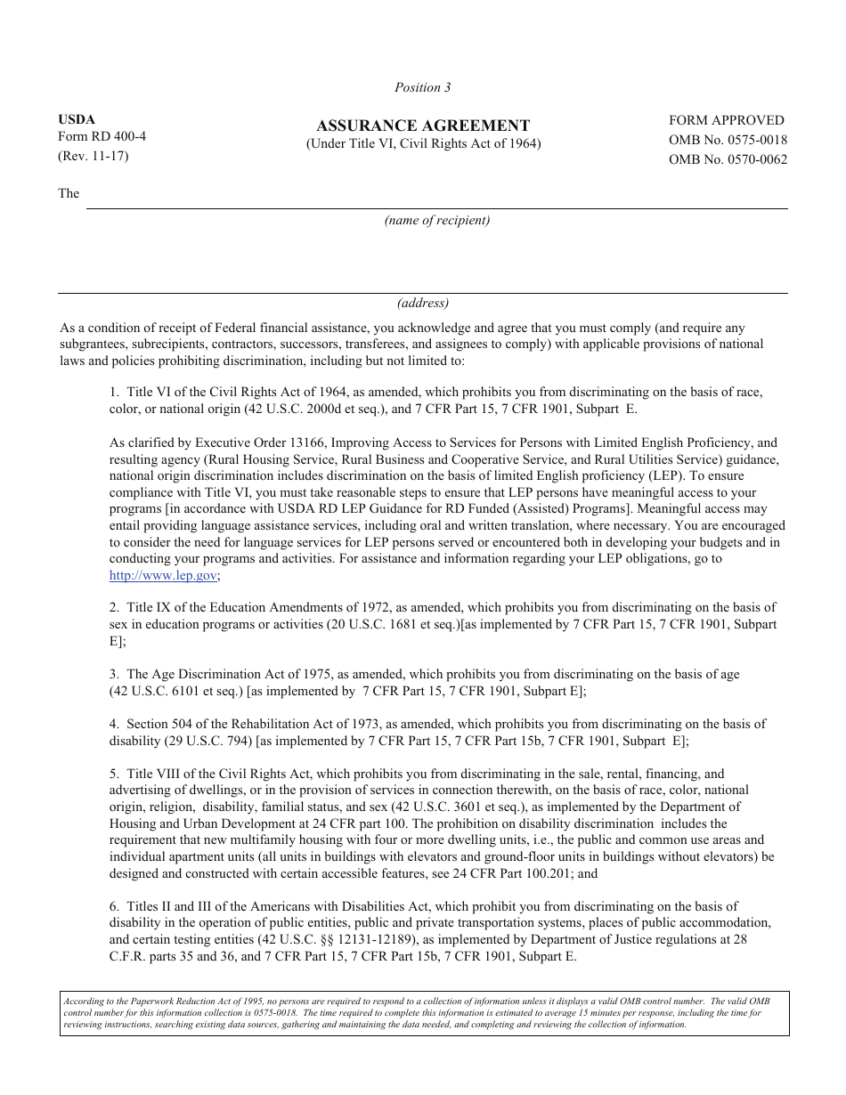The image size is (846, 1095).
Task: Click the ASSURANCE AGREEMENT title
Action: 423,126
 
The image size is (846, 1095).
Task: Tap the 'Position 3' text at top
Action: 423,87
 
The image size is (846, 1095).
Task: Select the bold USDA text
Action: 77,119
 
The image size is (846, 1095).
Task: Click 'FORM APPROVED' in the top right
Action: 727,120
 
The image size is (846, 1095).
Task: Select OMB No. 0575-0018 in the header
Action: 728,140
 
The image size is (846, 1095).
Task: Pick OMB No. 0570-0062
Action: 728,159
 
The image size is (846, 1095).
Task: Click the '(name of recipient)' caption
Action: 436,220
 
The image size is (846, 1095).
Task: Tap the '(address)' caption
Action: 423,303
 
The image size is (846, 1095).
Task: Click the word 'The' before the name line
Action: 69,193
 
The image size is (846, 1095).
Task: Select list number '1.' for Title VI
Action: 115,392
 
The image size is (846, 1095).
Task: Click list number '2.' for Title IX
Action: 115,608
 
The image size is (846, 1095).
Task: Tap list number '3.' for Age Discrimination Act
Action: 115,675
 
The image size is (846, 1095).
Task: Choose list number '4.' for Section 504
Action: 115,725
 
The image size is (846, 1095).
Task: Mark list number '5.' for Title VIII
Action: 115,775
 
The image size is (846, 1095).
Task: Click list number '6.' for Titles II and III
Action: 115,907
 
